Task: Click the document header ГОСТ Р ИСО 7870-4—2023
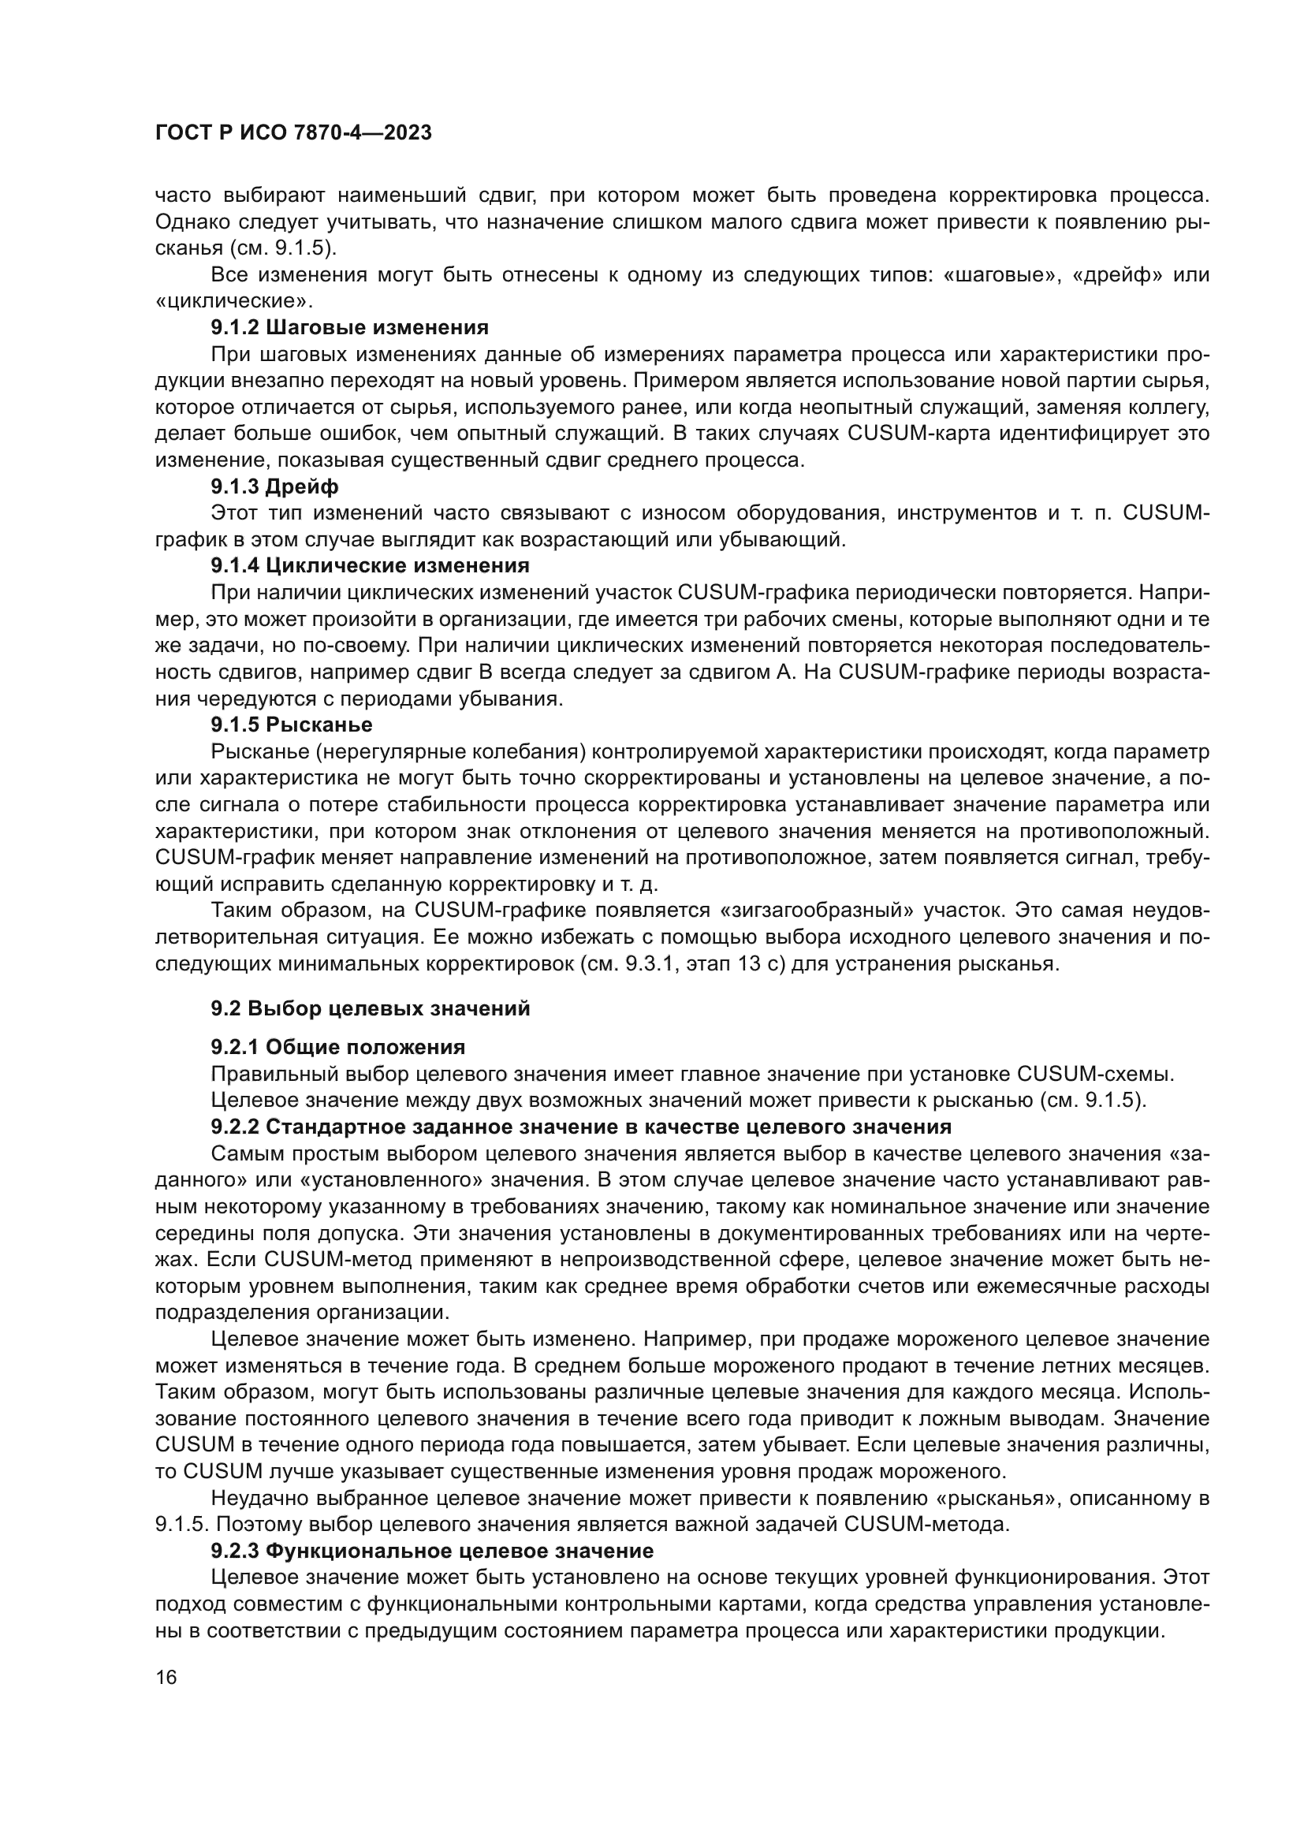pos(293,133)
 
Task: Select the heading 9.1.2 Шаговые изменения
pos(349,328)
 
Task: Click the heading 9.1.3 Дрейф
pos(274,486)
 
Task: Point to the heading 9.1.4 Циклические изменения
pos(371,565)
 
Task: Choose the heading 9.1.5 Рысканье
pos(292,725)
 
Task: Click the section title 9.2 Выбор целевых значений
pos(371,1009)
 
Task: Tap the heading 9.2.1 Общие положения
pos(338,1047)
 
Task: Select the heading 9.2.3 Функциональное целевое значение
pos(432,1550)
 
